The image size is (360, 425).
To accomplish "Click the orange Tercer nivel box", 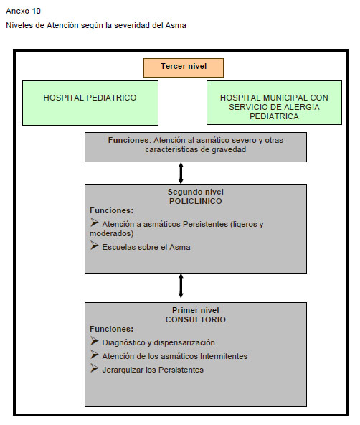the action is (x=184, y=67).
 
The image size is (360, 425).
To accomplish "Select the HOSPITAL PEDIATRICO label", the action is (x=90, y=98).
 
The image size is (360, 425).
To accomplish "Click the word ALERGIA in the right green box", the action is (x=303, y=107).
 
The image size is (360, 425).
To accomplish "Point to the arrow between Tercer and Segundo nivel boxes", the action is (x=181, y=173).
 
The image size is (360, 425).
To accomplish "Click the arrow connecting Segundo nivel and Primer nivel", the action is (x=181, y=286).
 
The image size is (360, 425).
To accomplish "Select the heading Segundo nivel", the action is (x=196, y=192).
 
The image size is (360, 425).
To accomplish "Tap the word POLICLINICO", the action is (x=196, y=201).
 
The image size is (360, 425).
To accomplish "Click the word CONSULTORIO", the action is (x=196, y=319).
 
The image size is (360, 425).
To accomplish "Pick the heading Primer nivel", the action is (x=196, y=310).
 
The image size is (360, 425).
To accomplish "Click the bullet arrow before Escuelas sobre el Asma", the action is (x=94, y=246).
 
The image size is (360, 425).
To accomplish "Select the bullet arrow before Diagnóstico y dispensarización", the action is (x=94, y=341).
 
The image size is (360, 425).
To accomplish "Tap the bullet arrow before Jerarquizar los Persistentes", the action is (x=94, y=368).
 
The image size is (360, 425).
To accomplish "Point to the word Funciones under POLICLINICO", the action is (x=112, y=210).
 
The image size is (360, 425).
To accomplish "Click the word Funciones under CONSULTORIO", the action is (x=112, y=329).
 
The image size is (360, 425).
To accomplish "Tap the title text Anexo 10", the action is (x=23, y=11).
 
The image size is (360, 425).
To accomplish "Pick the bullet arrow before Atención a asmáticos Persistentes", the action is (x=94, y=223).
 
